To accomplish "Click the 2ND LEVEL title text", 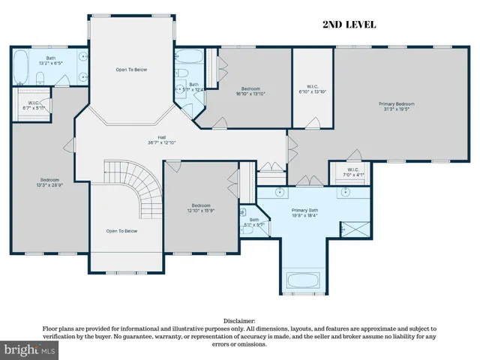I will (349, 25).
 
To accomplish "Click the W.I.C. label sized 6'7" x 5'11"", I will (34, 106).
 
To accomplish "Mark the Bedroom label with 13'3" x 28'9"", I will (50, 182).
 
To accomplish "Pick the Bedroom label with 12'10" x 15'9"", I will (201, 208).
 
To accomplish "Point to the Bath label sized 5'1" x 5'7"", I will (254, 222).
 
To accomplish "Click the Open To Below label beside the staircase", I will (121, 231).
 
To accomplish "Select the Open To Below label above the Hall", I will (131, 69).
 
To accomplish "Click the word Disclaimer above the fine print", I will (239, 320).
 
